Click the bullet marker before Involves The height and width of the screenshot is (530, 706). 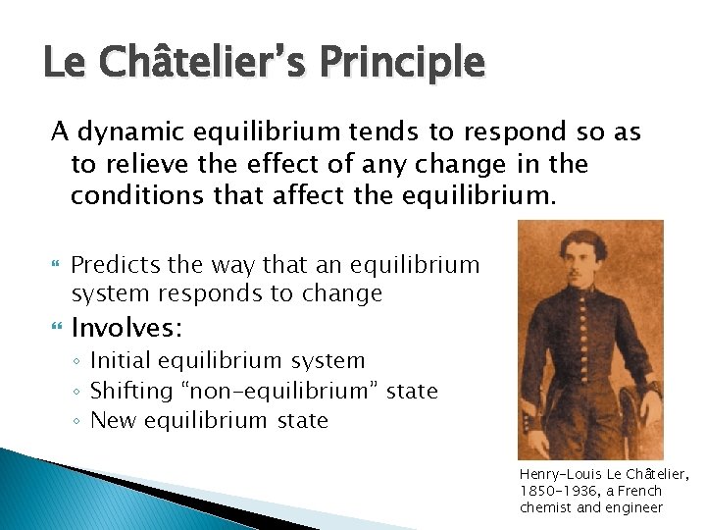pos(55,326)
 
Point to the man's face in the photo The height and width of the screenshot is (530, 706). pos(590,259)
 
